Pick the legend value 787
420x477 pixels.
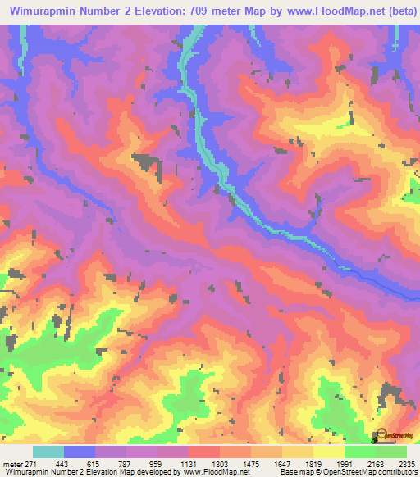point(126,463)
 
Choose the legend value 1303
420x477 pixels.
point(220,463)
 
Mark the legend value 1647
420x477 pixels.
point(282,463)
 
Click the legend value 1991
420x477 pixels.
point(345,463)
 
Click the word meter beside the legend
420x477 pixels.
point(11,463)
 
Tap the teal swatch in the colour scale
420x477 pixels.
point(48,452)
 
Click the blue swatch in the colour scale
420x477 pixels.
point(80,452)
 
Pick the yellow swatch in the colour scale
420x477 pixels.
point(329,452)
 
